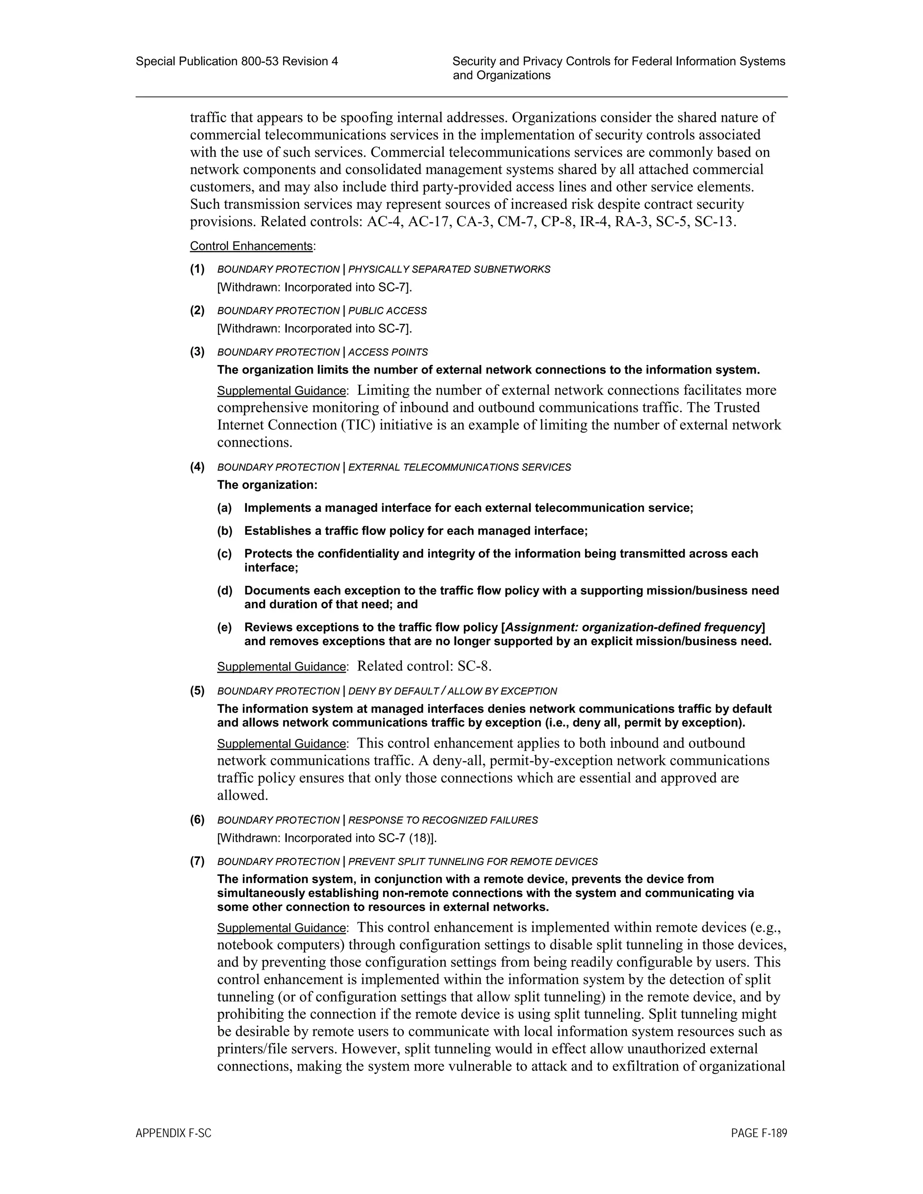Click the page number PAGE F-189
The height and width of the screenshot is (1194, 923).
pos(759,1133)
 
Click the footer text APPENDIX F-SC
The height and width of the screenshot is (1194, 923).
pos(174,1133)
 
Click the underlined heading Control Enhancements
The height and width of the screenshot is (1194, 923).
pos(251,246)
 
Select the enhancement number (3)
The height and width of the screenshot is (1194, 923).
pos(197,351)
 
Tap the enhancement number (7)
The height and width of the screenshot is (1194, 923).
pos(197,861)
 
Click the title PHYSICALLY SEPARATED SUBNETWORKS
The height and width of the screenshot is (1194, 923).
pos(449,269)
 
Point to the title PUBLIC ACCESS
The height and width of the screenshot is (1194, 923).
pos(387,311)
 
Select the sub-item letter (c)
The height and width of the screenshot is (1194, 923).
pos(225,553)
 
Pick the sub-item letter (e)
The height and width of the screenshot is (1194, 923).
pos(225,627)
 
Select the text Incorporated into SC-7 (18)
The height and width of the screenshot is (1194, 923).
pos(358,838)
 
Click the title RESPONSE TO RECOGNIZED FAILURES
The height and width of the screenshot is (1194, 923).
pos(443,820)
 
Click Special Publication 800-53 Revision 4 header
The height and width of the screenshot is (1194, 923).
pos(237,61)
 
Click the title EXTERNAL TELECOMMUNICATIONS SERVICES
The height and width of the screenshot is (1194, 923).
pos(459,467)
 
